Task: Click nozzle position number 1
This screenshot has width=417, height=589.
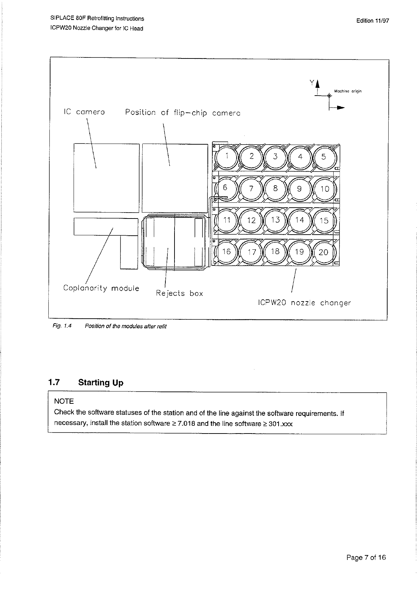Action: click(x=227, y=157)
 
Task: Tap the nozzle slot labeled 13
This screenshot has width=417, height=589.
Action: click(x=275, y=220)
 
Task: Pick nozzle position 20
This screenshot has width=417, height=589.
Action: click(x=323, y=252)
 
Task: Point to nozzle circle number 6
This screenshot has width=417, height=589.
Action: click(x=225, y=188)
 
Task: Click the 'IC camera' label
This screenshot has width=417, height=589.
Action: click(x=84, y=112)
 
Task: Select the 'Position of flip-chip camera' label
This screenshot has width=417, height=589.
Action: click(x=183, y=113)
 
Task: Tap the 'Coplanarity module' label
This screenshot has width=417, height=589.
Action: click(x=101, y=288)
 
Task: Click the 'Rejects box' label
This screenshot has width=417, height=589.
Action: click(x=179, y=293)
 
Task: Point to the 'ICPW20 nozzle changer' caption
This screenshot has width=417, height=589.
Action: click(x=304, y=303)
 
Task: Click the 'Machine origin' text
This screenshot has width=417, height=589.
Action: click(x=348, y=91)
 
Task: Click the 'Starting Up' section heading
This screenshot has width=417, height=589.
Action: click(x=101, y=382)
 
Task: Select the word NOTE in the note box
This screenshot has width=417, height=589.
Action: click(x=64, y=401)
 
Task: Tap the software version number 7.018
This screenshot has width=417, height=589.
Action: click(x=186, y=423)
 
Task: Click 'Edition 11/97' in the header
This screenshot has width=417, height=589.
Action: click(x=372, y=21)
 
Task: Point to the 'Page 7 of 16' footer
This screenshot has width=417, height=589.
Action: click(x=366, y=557)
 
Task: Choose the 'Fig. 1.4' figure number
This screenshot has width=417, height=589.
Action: click(x=62, y=326)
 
